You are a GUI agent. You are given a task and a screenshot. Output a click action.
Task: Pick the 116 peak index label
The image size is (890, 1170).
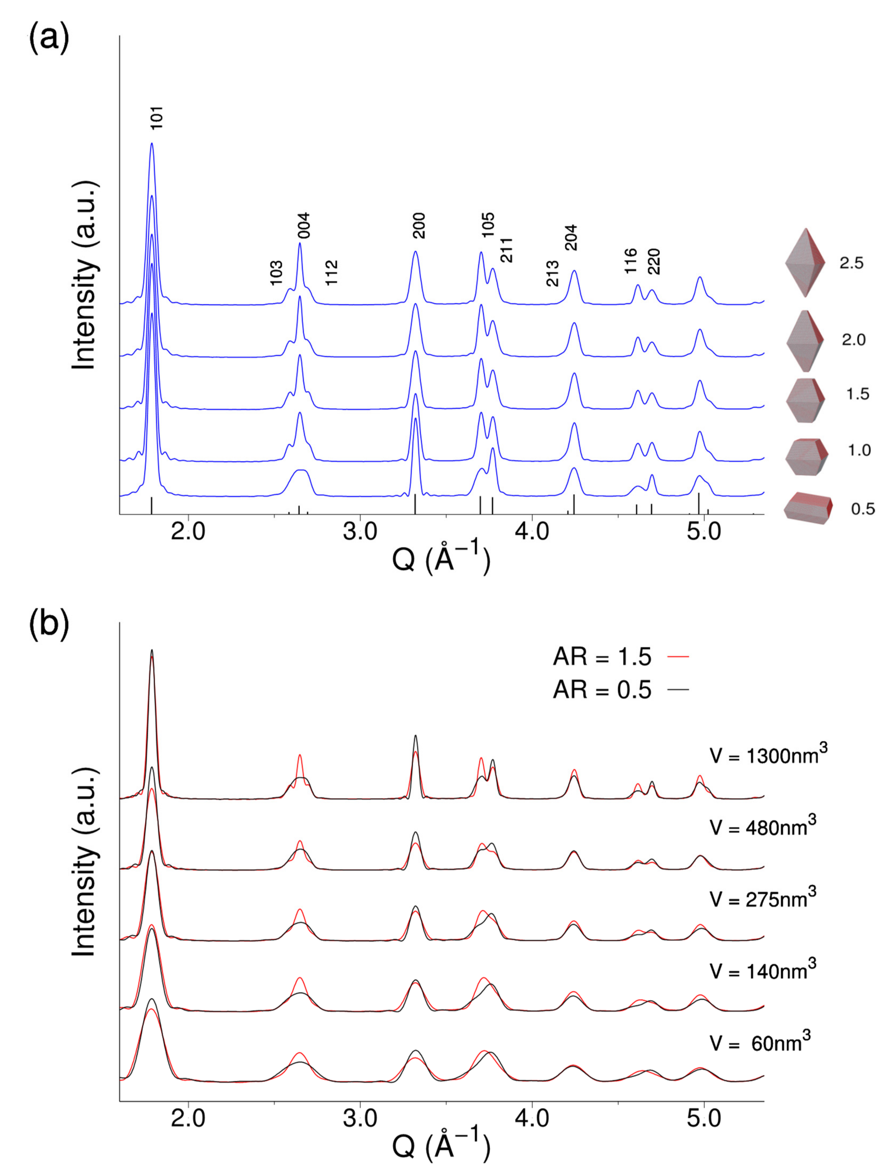tap(631, 261)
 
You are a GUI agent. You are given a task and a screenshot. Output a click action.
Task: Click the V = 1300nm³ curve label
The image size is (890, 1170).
tap(768, 755)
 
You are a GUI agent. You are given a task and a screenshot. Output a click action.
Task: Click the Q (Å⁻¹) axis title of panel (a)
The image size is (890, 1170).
tap(441, 559)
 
